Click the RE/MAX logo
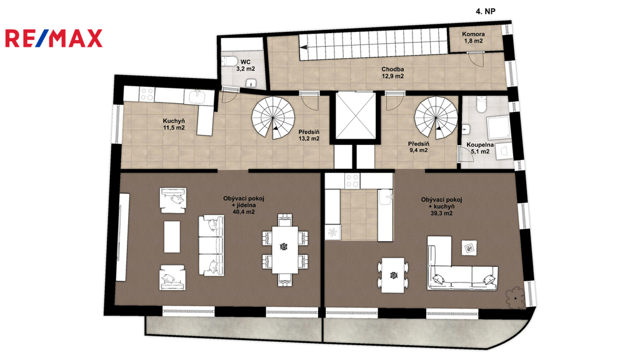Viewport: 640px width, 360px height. pos(54,38)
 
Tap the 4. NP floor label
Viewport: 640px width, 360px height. pos(485,11)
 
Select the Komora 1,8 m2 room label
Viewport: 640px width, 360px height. pos(474,37)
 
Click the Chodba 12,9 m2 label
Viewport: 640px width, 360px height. pos(392,72)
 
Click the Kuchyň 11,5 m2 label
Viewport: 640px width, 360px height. pos(174,124)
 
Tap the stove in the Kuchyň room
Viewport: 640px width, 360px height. pos(147,95)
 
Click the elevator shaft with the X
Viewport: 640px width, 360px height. pos(355,116)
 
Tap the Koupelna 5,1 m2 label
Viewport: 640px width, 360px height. pos(480,148)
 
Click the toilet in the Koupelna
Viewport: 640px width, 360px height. pos(482,104)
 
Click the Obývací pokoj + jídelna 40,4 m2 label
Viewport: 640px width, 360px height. pos(244,205)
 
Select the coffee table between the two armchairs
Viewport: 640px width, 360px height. pos(172,237)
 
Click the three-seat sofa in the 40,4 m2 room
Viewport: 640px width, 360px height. pos(211,245)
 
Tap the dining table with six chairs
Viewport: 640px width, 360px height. pos(285,249)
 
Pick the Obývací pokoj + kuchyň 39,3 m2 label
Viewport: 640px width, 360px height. pos(442,206)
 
